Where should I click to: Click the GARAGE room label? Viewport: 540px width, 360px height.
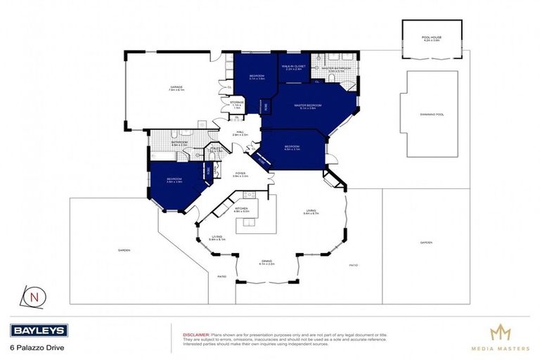point(176,89)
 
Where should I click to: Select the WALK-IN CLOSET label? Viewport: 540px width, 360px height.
point(292,67)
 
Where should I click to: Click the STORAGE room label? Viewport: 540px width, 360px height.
point(237,104)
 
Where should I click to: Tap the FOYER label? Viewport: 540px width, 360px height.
point(240,174)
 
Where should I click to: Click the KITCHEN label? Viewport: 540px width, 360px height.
point(240,207)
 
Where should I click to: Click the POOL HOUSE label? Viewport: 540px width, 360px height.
point(432,39)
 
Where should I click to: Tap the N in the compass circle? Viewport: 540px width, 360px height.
point(34,296)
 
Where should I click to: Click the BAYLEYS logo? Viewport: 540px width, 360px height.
point(39,330)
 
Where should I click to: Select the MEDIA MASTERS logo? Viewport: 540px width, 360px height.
point(500,335)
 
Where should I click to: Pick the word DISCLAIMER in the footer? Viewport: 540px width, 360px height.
point(195,335)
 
